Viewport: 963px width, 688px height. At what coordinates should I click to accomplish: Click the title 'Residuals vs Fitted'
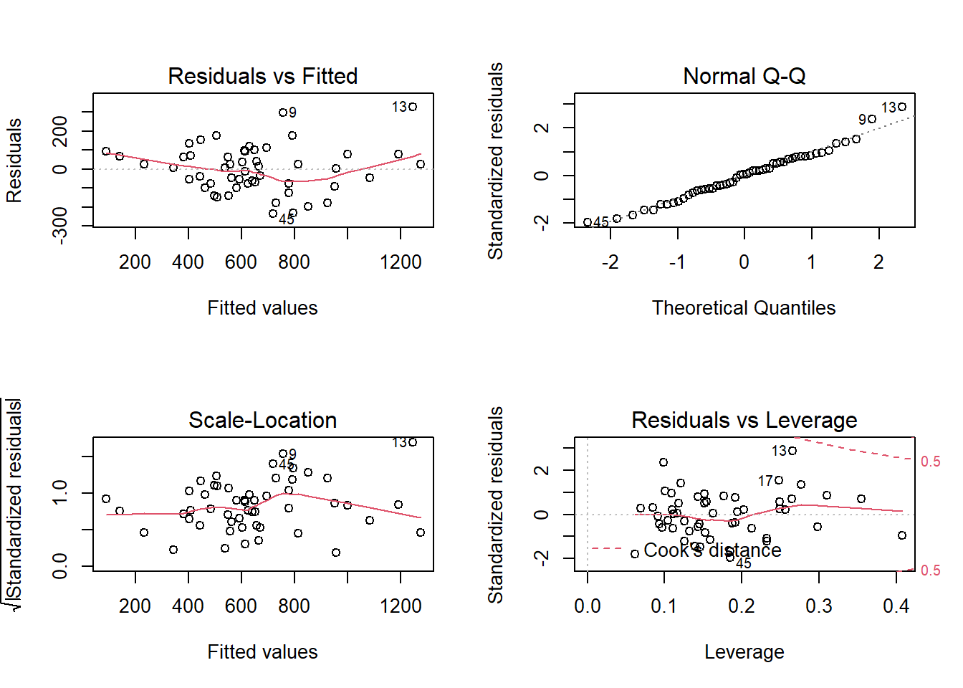[262, 76]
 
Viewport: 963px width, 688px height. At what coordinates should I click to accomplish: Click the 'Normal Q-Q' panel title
[744, 76]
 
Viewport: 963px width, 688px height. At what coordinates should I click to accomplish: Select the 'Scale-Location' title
[262, 420]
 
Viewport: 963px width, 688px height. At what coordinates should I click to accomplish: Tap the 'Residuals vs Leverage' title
[744, 420]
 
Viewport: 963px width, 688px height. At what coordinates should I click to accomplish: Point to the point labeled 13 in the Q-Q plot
[902, 107]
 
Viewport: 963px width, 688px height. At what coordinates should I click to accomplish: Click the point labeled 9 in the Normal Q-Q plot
[872, 119]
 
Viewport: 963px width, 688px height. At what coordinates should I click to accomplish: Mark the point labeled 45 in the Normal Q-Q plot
[588, 222]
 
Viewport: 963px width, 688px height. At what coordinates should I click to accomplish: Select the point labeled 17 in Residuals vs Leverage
[779, 480]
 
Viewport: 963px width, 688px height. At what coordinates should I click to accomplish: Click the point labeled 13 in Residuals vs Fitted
[413, 107]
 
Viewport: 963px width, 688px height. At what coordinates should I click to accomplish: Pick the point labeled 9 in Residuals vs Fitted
[283, 113]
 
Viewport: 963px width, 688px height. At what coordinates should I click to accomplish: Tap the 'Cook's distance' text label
[712, 550]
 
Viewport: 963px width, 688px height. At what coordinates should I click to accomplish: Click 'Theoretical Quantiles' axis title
[744, 308]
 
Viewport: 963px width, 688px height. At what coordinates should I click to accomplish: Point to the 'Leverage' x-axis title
[744, 652]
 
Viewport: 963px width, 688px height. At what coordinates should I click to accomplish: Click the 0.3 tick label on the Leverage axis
[818, 606]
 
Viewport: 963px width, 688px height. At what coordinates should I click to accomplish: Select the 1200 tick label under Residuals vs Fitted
[401, 262]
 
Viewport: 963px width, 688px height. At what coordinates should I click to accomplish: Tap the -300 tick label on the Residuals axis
[60, 225]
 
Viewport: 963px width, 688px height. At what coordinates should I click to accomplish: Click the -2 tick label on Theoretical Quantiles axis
[610, 262]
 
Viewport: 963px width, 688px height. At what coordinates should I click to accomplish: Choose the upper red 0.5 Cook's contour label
[930, 462]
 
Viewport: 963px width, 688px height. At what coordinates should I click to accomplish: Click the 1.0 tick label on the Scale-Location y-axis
[60, 492]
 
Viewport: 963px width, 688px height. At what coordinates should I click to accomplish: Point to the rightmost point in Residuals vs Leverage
[902, 535]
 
